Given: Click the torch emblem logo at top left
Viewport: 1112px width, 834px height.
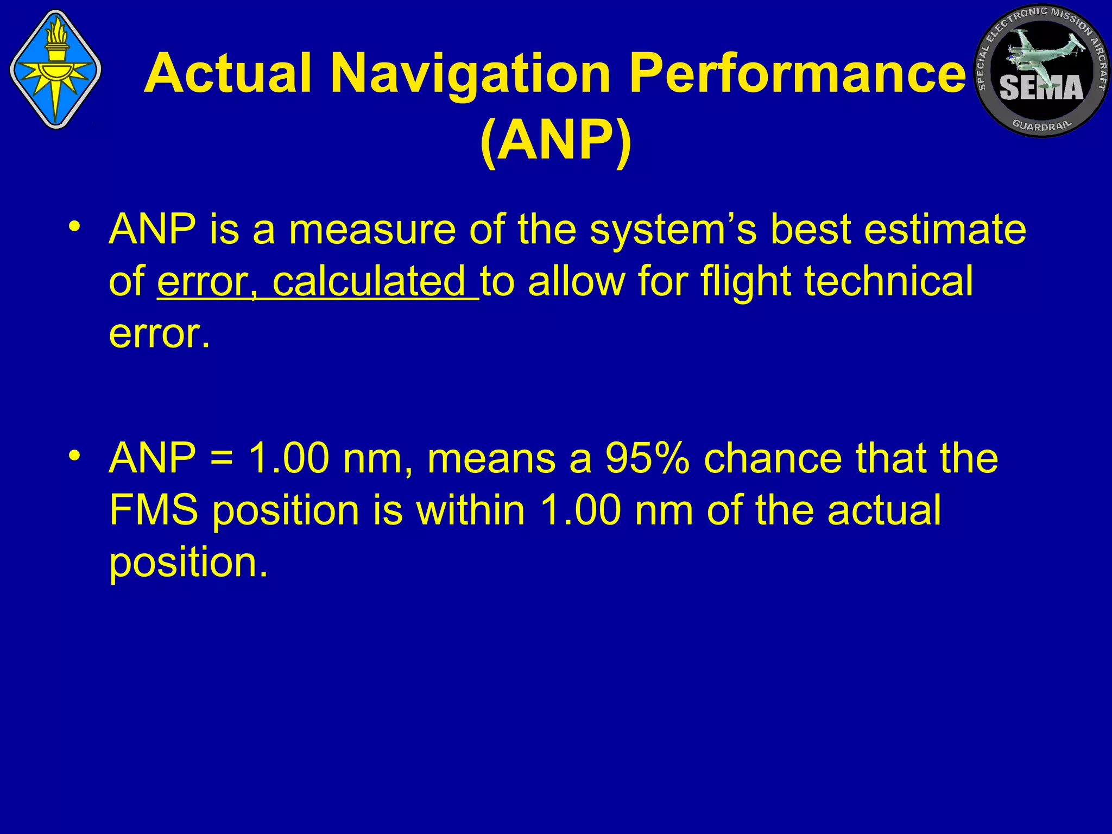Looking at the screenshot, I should pos(55,69).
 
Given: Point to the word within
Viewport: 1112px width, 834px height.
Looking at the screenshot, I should pos(470,510).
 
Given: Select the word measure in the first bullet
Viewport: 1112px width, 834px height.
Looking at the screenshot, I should pos(372,230).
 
